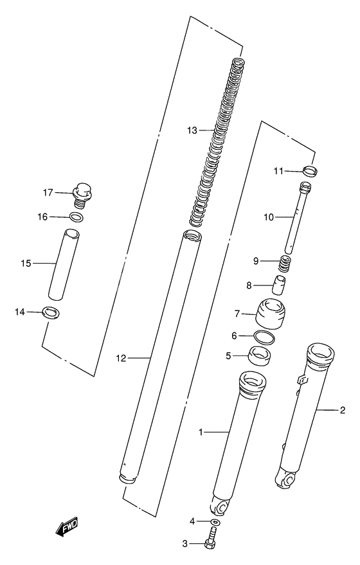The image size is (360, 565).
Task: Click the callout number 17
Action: [x=47, y=192]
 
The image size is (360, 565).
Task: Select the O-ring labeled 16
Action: [x=75, y=217]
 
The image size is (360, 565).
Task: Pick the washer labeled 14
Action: [x=50, y=313]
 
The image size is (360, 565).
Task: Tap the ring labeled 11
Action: [x=310, y=171]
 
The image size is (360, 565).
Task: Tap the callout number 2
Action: [x=343, y=410]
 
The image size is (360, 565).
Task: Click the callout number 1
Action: [x=201, y=433]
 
